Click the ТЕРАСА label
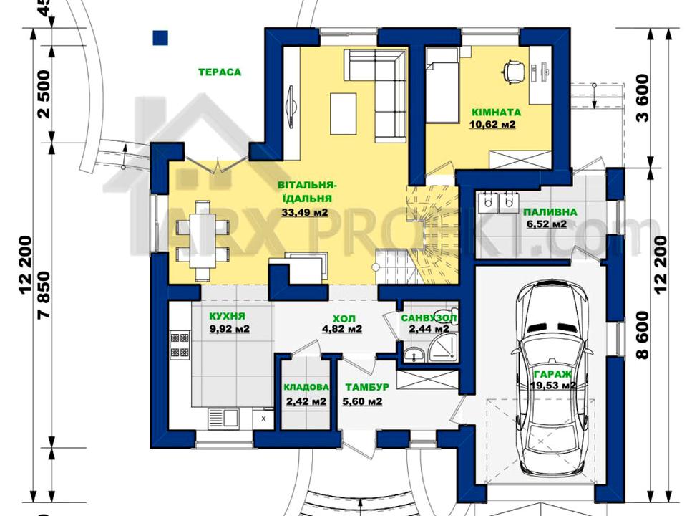tap(220, 72)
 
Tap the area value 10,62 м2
tap(492, 125)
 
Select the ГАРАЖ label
tap(552, 374)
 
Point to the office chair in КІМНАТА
tap(514, 70)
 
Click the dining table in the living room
tap(203, 240)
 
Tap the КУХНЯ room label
tap(227, 316)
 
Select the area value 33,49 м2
tap(305, 214)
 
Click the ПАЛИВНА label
tap(550, 212)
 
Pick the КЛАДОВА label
tap(306, 387)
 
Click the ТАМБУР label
tap(367, 387)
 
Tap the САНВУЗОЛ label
tap(429, 317)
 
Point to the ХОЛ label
tap(344, 318)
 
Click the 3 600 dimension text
tap(642, 98)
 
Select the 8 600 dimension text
tap(642, 335)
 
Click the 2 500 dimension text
tap(44, 94)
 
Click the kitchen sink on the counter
tap(223, 417)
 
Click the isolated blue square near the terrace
tap(161, 38)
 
